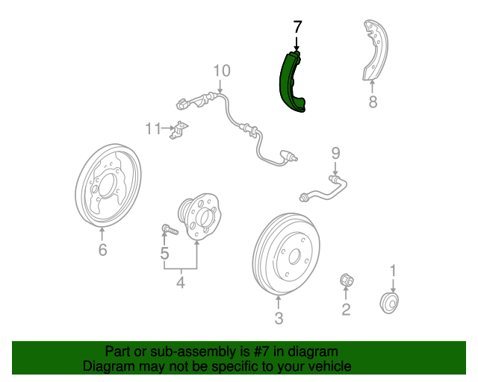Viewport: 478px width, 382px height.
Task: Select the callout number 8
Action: [x=373, y=101]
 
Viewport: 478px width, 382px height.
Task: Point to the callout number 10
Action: [x=222, y=71]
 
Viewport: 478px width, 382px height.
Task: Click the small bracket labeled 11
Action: [x=179, y=130]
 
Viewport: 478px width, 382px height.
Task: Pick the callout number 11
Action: [x=152, y=128]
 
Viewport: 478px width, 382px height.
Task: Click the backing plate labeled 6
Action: [x=108, y=185]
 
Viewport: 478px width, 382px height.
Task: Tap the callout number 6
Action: [x=103, y=249]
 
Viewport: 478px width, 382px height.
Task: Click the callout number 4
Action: [x=181, y=282]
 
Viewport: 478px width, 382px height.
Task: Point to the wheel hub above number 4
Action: [x=199, y=216]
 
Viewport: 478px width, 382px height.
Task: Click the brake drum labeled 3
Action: [x=286, y=254]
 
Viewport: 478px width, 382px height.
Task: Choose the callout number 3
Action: [x=279, y=318]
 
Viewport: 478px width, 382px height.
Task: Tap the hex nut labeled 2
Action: [x=347, y=280]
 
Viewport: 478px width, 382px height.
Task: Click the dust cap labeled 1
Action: [x=389, y=303]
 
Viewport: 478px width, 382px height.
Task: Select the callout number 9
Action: [x=335, y=153]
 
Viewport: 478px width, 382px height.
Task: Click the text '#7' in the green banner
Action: [x=261, y=351]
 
